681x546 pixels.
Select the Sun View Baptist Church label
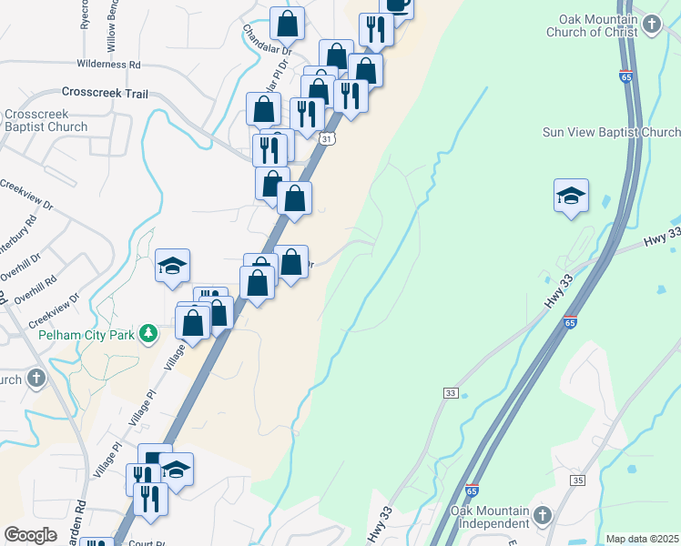click(x=611, y=132)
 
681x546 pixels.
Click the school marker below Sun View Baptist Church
click(x=571, y=196)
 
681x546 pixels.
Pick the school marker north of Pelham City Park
click(x=172, y=267)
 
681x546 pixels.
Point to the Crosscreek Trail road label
click(x=105, y=93)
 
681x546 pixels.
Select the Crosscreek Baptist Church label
click(x=45, y=121)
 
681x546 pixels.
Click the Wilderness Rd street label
click(x=109, y=65)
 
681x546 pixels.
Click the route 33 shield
click(x=451, y=392)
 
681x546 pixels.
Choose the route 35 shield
click(x=578, y=480)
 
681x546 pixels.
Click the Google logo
click(x=31, y=534)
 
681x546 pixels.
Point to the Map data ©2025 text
click(x=642, y=539)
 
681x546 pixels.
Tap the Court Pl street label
click(x=146, y=542)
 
